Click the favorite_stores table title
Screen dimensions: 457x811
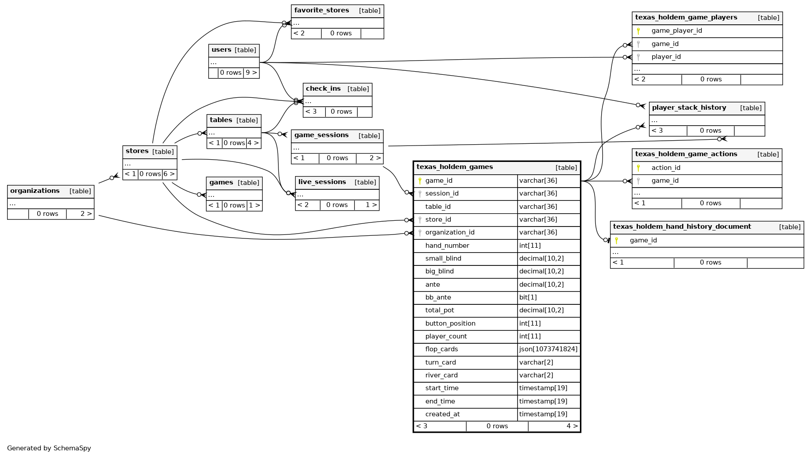pos(322,11)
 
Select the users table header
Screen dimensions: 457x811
pos(221,50)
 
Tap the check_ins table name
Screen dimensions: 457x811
pos(323,89)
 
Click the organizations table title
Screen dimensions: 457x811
pos(35,191)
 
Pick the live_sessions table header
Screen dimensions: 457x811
pos(322,182)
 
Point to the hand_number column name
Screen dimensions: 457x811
pos(447,246)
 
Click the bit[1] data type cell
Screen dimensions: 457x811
pos(528,297)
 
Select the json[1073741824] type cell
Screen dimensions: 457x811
pos(548,349)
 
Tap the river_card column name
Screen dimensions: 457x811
pos(441,375)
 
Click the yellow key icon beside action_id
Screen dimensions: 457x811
pos(638,168)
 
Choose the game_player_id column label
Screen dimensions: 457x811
pos(676,31)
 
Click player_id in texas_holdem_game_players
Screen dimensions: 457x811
pos(666,57)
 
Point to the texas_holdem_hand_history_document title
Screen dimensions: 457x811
pos(682,227)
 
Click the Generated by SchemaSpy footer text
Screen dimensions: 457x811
pos(49,448)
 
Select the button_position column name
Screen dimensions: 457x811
pos(450,323)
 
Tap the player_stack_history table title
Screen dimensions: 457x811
pos(689,108)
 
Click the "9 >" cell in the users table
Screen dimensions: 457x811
pos(251,73)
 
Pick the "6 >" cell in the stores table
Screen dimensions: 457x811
pos(169,174)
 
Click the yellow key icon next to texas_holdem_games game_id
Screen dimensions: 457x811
pos(420,180)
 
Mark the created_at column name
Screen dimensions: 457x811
pos(442,414)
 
